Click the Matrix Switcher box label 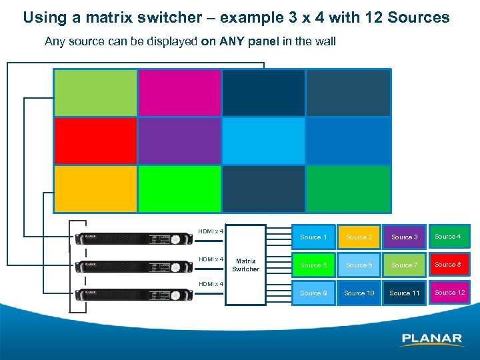[x=245, y=265]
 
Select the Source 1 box [x=313, y=237]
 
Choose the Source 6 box [x=359, y=265]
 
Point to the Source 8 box [x=448, y=265]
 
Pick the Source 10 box [x=359, y=293]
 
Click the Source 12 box [x=449, y=293]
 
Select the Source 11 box [x=404, y=293]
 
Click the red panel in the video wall [x=95, y=141]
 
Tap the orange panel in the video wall [x=95, y=189]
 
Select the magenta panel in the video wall [x=179, y=93]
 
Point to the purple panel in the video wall [x=179, y=141]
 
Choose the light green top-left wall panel [x=95, y=93]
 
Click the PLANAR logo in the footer [x=431, y=339]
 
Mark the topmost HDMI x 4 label [x=210, y=231]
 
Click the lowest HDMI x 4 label [x=210, y=284]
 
